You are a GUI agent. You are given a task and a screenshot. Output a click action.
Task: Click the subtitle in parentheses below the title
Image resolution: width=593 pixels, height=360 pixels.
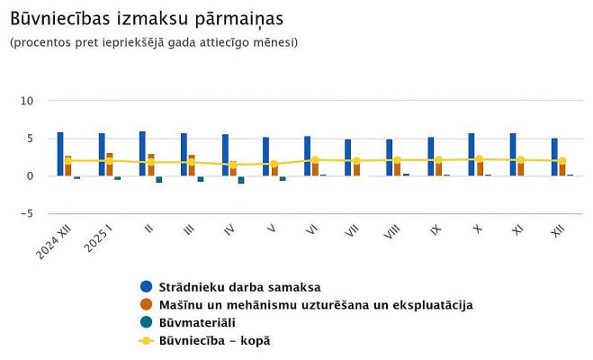pyautogui.click(x=154, y=42)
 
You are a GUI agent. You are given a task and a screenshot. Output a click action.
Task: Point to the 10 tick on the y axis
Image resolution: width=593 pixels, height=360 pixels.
pyautogui.click(x=28, y=100)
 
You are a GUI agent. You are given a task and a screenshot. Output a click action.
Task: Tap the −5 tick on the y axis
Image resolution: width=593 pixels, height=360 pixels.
pyautogui.click(x=28, y=213)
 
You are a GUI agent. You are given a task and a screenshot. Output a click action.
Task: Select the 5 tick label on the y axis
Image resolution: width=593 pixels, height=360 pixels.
pyautogui.click(x=31, y=138)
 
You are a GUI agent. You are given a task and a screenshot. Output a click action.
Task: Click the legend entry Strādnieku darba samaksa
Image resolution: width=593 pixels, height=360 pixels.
pyautogui.click(x=239, y=287)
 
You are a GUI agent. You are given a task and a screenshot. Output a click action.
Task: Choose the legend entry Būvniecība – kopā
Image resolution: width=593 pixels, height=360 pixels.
pyautogui.click(x=214, y=341)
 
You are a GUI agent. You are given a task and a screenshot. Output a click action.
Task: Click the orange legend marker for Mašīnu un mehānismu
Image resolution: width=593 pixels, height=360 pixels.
pyautogui.click(x=147, y=305)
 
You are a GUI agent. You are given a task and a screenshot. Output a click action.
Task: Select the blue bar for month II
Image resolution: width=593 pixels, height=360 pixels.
pyautogui.click(x=142, y=153)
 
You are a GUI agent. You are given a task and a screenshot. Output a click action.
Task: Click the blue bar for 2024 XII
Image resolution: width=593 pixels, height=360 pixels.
pyautogui.click(x=60, y=154)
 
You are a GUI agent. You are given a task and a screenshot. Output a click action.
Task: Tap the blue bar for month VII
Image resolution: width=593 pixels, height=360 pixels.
pyautogui.click(x=348, y=157)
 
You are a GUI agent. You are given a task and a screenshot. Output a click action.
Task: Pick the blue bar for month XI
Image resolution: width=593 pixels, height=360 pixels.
pyautogui.click(x=513, y=154)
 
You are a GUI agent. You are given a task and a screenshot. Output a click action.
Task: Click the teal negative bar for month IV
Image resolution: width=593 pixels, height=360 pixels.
pyautogui.click(x=241, y=179)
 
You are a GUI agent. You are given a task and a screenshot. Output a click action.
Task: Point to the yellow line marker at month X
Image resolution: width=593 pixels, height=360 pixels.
pyautogui.click(x=480, y=159)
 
